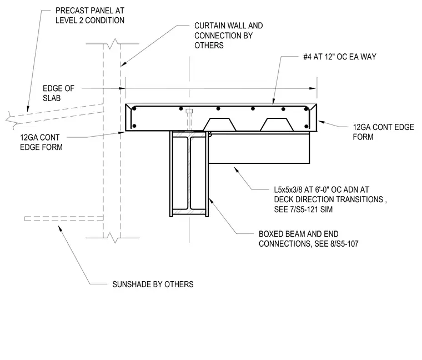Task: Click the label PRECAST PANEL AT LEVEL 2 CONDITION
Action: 90,16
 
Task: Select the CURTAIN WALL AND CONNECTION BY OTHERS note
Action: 229,35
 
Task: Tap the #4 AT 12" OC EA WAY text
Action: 340,57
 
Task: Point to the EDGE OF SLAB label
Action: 58,93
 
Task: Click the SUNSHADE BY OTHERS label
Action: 153,284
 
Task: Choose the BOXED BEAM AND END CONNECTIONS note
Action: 308,239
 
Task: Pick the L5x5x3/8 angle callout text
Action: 330,199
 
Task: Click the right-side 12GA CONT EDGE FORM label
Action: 383,132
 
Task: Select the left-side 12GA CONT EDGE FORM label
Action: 41,142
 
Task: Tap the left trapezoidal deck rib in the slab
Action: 219,124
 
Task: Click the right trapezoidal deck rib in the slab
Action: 277,124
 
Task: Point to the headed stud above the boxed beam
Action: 189,119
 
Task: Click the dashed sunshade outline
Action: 64,219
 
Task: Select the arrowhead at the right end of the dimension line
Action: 313,88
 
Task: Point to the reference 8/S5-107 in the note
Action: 344,244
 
